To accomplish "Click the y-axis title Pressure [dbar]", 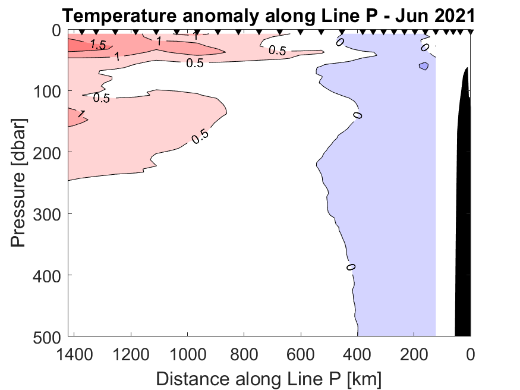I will (x=20, y=183).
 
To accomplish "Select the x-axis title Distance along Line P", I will (x=269, y=378).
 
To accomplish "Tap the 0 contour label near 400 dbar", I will (x=351, y=267).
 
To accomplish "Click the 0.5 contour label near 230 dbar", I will (x=200, y=136).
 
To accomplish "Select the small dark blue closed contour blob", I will (x=424, y=66).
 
